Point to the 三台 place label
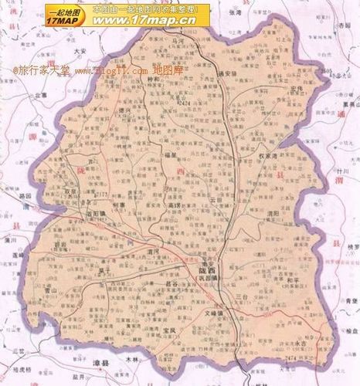point(242,296)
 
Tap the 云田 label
point(215,198)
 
